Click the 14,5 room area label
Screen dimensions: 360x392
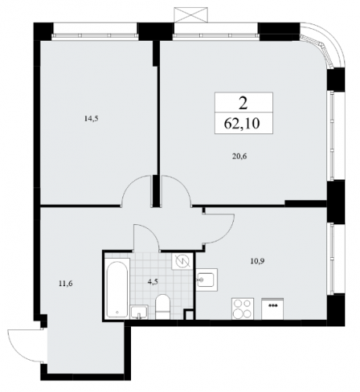pos(91,119)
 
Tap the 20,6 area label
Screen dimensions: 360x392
pos(239,157)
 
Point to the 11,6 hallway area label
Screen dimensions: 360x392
pos(65,283)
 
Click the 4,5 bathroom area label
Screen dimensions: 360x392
pos(154,281)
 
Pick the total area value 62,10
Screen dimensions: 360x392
pos(242,124)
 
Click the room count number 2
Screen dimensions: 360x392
pos(243,103)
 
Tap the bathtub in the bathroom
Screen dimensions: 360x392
pos(118,289)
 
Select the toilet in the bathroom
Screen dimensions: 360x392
pos(163,306)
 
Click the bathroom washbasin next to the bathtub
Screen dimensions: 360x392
pos(140,312)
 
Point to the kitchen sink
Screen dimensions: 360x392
pos(206,280)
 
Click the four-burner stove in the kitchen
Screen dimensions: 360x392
pos(242,308)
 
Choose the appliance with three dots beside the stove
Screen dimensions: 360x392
pos(273,309)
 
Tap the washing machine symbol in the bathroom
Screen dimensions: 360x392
pos(182,261)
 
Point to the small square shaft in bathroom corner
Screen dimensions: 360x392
pos(189,314)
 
